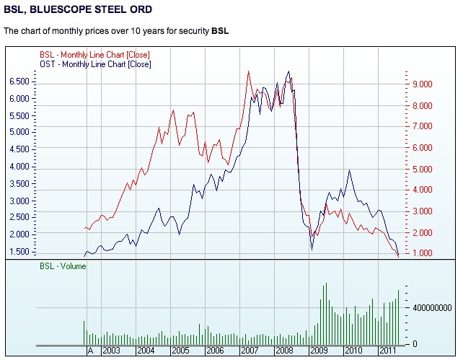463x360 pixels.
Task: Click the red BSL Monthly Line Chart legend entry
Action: [x=94, y=55]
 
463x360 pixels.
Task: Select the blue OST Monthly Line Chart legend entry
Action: [x=94, y=64]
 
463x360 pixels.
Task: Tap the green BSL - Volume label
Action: [x=62, y=266]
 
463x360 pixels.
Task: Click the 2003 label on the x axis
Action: [x=111, y=350]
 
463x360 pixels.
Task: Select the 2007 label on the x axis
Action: [x=250, y=350]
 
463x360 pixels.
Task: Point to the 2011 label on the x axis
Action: [x=387, y=350]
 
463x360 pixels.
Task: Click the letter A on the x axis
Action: [x=90, y=350]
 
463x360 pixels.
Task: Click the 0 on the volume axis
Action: [x=414, y=343]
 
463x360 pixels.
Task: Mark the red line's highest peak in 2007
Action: [x=248, y=71]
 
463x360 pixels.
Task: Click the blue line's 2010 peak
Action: [x=350, y=170]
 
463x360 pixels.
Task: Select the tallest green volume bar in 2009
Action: [x=325, y=284]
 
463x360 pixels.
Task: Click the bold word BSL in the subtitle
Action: [x=220, y=31]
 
